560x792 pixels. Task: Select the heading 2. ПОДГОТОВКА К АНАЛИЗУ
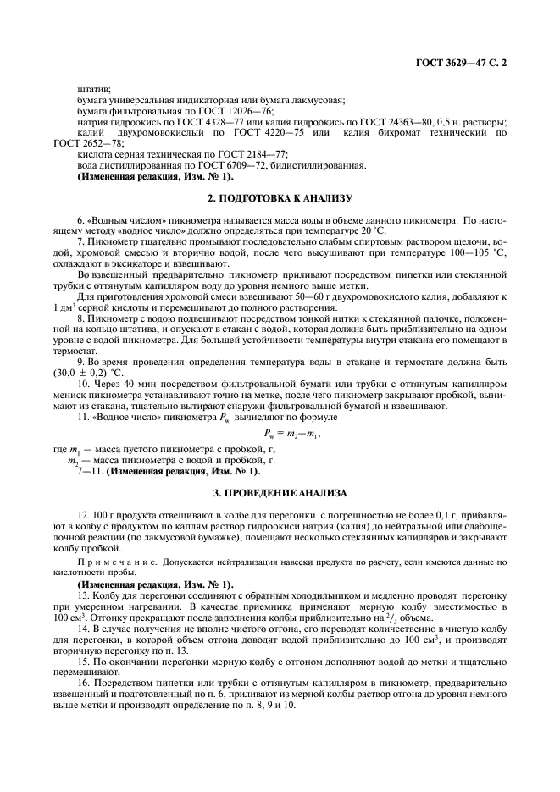[279, 197]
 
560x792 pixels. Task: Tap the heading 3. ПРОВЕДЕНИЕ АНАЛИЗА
[279, 492]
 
